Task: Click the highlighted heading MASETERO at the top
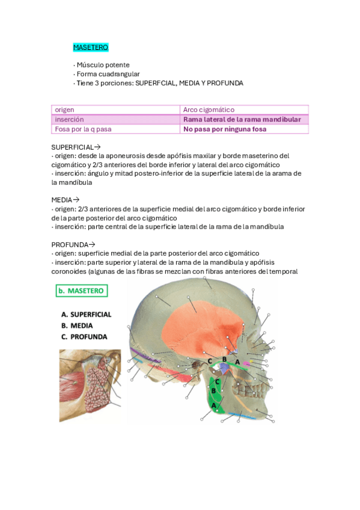[90, 47]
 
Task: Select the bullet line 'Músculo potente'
[103, 65]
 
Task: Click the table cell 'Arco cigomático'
[209, 110]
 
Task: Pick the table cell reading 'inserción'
[70, 120]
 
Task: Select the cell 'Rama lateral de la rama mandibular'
[242, 120]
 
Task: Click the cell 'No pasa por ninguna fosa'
[225, 129]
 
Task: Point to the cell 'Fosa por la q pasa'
[83, 129]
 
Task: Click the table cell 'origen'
[65, 110]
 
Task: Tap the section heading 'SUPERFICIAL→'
[76, 147]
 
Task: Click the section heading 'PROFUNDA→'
[73, 244]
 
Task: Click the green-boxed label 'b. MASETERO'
[82, 291]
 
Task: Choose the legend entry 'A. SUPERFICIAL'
[87, 315]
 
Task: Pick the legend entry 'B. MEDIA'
[77, 325]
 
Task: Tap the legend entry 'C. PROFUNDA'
[84, 336]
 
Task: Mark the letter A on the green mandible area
[213, 405]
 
